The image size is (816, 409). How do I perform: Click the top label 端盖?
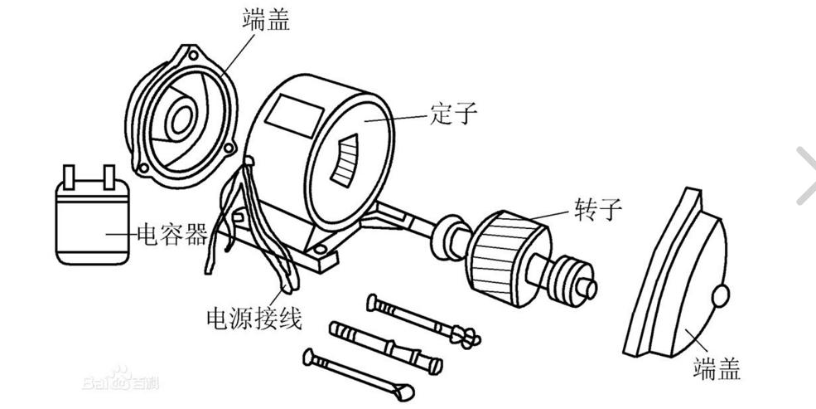tap(267, 20)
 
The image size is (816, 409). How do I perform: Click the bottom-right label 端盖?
tap(717, 368)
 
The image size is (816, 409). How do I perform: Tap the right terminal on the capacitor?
tap(108, 175)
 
